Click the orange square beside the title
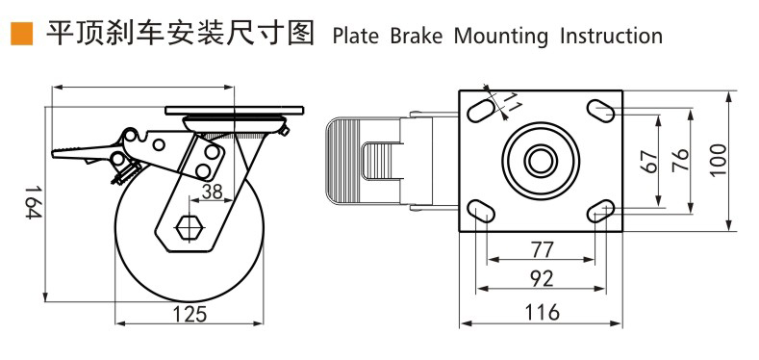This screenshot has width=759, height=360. pos(22,34)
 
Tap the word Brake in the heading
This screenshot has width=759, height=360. pos(416,36)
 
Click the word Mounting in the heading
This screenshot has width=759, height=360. pos(500,37)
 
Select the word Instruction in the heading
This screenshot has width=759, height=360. pos(611,36)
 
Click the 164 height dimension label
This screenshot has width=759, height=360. pos(32,201)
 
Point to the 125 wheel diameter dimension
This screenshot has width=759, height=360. pos(190,314)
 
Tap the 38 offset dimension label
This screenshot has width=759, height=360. pos(212,192)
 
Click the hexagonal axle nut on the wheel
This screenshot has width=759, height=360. pos(190,227)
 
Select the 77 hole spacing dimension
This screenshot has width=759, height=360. pos(542,250)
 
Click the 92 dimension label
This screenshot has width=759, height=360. pos(542,278)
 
